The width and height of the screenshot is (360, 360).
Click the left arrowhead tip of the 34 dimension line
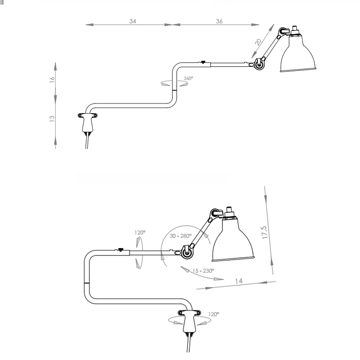[x=85, y=24]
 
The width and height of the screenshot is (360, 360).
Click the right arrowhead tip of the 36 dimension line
[x=260, y=24]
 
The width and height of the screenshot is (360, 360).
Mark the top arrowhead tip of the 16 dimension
[x=55, y=62]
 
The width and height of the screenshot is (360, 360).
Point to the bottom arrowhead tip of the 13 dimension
[x=55, y=145]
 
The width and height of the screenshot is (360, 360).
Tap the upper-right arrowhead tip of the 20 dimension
[x=274, y=24]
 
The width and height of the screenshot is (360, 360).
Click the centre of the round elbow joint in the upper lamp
[x=259, y=64]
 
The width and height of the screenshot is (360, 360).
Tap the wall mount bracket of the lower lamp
[x=189, y=321]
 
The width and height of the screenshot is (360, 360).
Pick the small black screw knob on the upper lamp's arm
[x=203, y=62]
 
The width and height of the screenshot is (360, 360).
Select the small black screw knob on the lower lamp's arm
[x=120, y=249]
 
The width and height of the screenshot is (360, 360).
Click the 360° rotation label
[x=188, y=78]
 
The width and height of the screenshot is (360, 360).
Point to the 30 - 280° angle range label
[x=180, y=236]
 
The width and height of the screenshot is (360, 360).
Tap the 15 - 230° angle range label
[x=203, y=271]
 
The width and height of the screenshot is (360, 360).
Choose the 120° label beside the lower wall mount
[x=213, y=314]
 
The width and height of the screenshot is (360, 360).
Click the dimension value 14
[x=239, y=281]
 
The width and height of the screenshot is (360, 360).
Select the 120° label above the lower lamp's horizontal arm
[x=140, y=233]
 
